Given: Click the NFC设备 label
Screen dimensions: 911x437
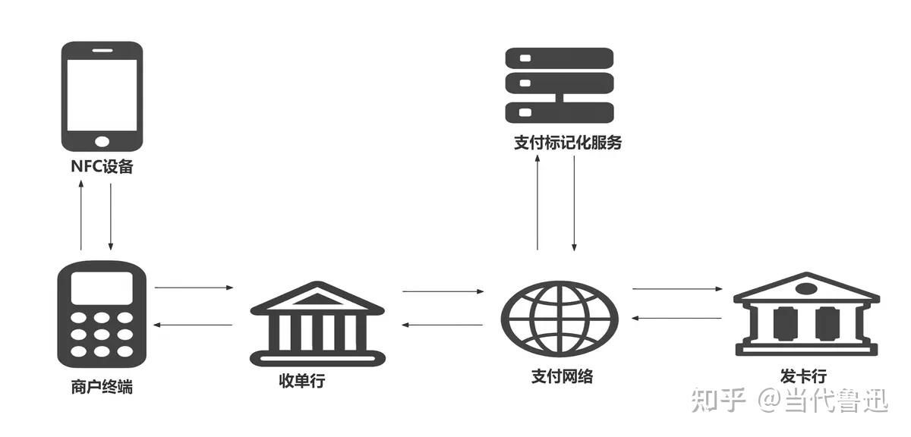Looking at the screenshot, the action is tap(102, 166).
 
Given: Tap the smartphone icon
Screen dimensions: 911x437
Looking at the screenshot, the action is tap(102, 96).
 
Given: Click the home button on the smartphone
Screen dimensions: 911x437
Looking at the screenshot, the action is tap(102, 142).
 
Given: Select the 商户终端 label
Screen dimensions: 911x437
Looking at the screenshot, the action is tap(102, 387).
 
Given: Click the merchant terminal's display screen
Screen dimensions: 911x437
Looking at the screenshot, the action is tap(102, 288).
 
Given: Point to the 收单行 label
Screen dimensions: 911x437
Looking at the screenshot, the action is tap(302, 381).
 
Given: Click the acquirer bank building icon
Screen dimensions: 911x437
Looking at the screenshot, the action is tap(317, 324).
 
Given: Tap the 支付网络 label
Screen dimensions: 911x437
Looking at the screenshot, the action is tap(562, 376).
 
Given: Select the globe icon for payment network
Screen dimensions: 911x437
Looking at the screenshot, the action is tap(560, 319).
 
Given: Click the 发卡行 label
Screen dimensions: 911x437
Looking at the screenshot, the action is tap(803, 376).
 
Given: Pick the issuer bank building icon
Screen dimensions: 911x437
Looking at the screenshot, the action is tap(806, 314).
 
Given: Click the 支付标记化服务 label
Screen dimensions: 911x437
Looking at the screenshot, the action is tap(568, 143).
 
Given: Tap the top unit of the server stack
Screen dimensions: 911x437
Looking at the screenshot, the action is tap(560, 58).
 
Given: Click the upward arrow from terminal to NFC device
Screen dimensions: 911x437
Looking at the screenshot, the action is tap(81, 215).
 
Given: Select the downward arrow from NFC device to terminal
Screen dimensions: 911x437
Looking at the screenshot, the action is tap(111, 217).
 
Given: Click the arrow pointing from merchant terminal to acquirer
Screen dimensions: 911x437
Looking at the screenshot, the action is tap(194, 288).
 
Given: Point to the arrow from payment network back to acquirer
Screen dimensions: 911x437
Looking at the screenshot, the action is tap(442, 325).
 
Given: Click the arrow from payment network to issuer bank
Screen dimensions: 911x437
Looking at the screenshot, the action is tap(677, 288).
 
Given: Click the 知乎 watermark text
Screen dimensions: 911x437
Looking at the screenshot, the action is tap(718, 400).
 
